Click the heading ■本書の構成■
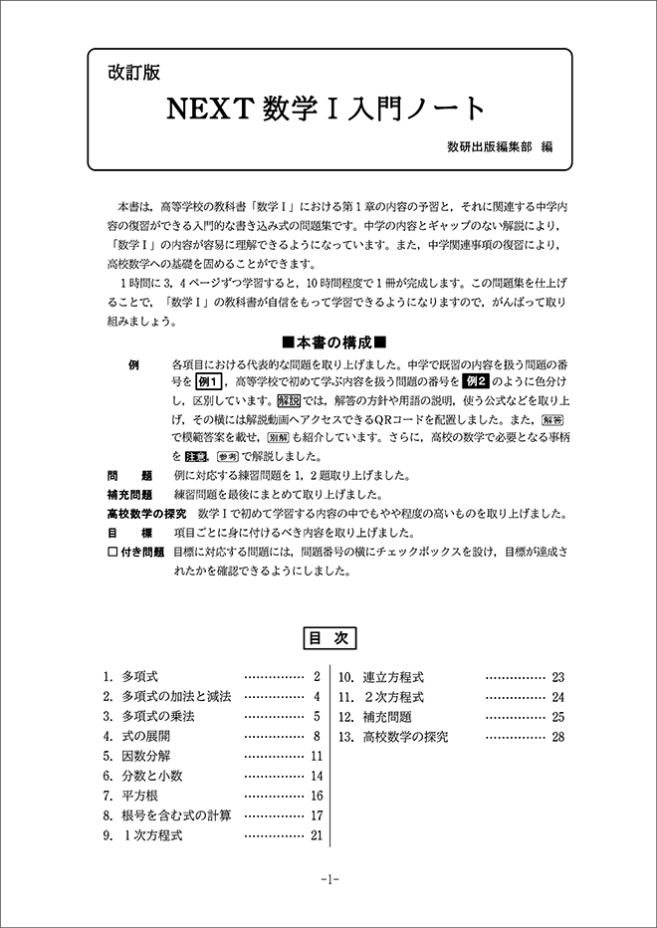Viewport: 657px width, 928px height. point(328,342)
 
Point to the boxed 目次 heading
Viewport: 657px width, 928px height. point(328,638)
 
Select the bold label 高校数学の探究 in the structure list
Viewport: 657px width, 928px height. point(146,514)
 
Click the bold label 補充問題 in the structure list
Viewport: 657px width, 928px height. point(129,494)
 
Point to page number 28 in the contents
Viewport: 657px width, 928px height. point(557,737)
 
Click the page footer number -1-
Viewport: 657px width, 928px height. point(328,880)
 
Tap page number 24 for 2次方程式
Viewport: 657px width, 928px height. point(557,697)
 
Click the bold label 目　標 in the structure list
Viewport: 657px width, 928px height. point(129,533)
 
